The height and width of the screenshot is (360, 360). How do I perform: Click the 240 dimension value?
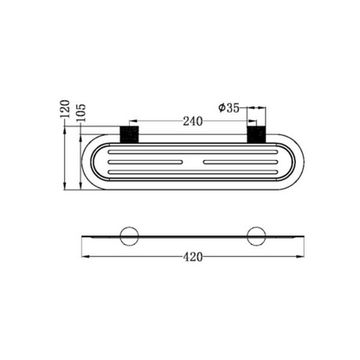click(193, 121)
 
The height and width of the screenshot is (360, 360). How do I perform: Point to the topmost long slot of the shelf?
click(192, 152)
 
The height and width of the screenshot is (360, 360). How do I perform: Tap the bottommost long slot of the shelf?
click(192, 171)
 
